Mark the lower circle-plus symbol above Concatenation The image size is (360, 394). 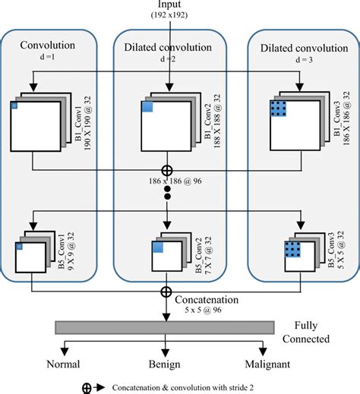[165, 292]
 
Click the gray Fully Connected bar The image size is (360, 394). [164, 327]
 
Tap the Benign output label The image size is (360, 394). [165, 364]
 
